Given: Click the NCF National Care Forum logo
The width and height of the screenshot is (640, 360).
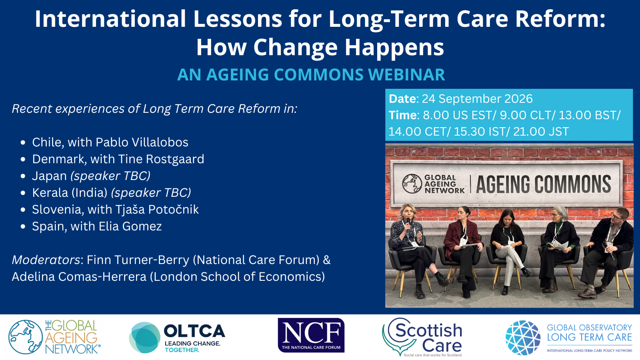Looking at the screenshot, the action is coord(311,335).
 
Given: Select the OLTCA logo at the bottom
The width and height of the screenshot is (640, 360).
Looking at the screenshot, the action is coord(177,338).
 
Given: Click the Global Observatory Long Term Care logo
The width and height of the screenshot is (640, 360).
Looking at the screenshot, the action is coord(568,338).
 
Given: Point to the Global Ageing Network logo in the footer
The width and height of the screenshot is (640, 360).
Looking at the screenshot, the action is coord(54,337).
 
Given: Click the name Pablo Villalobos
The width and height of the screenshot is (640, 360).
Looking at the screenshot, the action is coord(142,142).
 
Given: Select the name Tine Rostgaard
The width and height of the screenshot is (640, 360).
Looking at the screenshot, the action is coord(161,159).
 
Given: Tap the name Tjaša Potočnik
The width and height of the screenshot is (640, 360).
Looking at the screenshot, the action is coord(157,210).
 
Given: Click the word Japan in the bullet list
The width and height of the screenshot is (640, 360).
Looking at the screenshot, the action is coord(50,176).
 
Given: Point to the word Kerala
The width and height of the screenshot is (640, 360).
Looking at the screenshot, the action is coord(50,192).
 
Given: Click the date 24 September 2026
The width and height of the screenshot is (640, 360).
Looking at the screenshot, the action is coord(477,99).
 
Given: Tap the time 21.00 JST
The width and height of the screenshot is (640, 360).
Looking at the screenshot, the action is coord(541,132).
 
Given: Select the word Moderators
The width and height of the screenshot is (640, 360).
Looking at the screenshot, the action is coord(46,260).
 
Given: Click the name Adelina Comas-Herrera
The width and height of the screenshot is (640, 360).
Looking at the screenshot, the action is coord(79,276).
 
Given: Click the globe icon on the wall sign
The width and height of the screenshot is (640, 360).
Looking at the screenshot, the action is coord(412,184).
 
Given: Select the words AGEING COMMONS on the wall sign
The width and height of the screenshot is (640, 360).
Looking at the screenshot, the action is coord(543,184).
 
